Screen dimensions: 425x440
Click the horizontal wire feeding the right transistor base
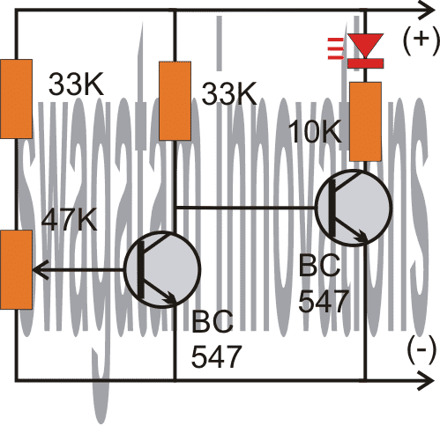pos(247,209)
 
